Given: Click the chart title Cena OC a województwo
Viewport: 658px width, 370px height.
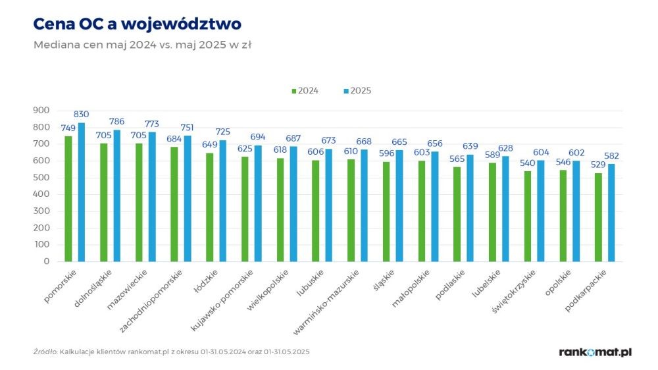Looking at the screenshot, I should (137, 24).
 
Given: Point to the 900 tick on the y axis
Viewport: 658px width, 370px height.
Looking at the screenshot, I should (41, 110).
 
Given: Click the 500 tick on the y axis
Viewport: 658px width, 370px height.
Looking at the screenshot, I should (41, 178).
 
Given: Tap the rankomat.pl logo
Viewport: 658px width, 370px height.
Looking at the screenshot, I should (595, 352).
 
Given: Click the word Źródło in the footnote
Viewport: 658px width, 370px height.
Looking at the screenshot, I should (45, 352).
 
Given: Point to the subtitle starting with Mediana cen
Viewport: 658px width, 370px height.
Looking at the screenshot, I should (143, 45).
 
